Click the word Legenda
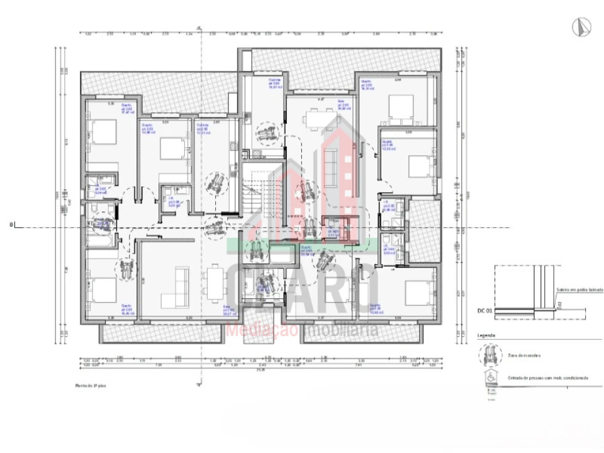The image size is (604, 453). coord(488,336)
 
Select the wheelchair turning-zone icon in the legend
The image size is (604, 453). coord(488,355)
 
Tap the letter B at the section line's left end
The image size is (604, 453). coord(11,225)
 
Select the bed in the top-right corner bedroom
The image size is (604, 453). coord(400,108)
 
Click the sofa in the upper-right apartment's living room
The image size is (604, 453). coord(330,157)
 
